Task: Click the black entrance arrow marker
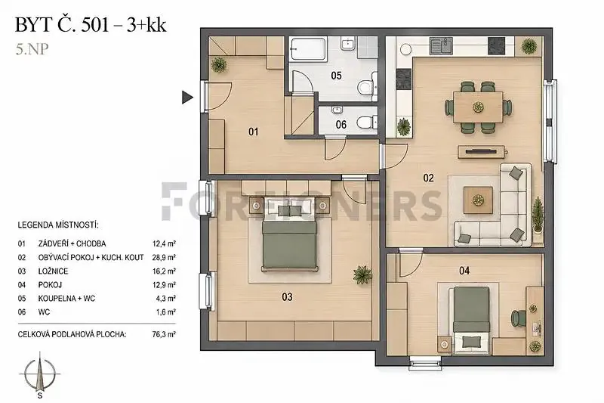coord(186,98)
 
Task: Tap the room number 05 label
coord(336,76)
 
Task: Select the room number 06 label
coord(341,125)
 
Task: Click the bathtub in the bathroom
coord(309,48)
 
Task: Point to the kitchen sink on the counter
coord(441,45)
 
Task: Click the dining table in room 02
coord(478,107)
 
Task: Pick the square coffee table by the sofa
coord(478,200)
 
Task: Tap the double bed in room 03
coord(290,234)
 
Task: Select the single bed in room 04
coord(471,320)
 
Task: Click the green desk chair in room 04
coord(517,318)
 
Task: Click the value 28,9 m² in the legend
coord(164,257)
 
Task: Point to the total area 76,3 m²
coord(164,334)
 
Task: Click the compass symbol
coord(40,374)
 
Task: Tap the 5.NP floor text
coord(32,50)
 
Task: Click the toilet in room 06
coord(366,122)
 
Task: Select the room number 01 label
coord(253,132)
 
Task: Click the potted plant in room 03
coord(362,274)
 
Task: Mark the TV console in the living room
coord(481,151)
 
